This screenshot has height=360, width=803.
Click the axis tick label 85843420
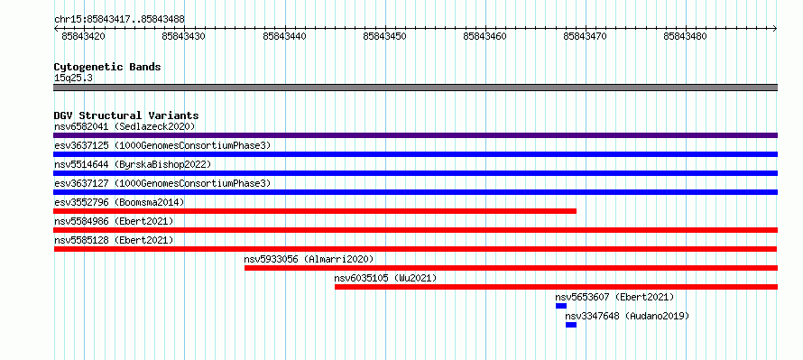(x=84, y=36)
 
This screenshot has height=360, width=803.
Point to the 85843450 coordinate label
(x=384, y=36)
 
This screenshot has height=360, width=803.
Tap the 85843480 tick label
(x=685, y=36)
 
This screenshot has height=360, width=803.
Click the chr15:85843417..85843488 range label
(x=119, y=20)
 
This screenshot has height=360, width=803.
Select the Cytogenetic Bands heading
(x=107, y=67)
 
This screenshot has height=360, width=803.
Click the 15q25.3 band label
(x=73, y=78)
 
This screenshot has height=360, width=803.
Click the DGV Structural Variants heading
(x=126, y=115)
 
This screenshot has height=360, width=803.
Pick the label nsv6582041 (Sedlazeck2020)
(x=125, y=126)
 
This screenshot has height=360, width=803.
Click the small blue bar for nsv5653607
(x=561, y=306)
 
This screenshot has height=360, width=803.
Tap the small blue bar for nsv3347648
(x=571, y=325)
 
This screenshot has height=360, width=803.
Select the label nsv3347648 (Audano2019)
(x=627, y=316)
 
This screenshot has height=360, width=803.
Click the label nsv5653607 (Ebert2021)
(x=614, y=297)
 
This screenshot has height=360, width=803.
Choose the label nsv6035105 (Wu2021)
(x=385, y=278)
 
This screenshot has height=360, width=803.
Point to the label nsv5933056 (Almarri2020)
(x=309, y=259)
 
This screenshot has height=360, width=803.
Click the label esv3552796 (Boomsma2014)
(x=119, y=202)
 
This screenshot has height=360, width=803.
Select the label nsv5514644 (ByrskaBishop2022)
(x=133, y=164)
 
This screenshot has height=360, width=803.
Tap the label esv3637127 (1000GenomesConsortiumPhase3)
(x=162, y=183)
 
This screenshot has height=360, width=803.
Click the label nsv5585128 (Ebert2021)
(x=114, y=240)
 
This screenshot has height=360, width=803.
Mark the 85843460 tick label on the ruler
(x=485, y=36)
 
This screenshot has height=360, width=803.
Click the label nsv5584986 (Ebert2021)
(x=114, y=221)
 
